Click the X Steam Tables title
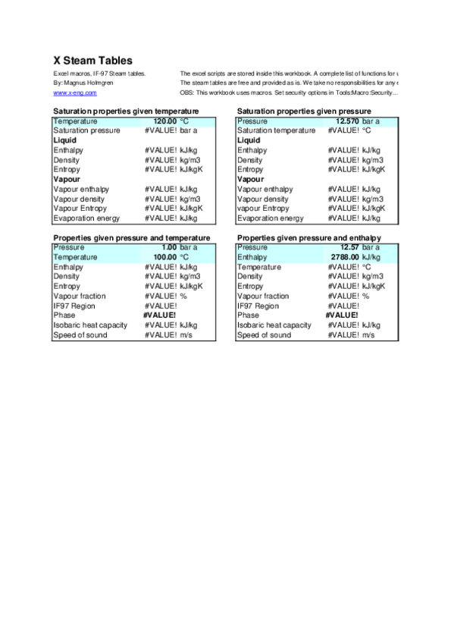[x=92, y=61]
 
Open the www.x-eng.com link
[x=75, y=93]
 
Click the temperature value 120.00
[x=164, y=121]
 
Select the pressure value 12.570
[x=347, y=121]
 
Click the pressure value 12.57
[x=349, y=247]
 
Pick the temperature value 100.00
[x=164, y=258]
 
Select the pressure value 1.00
[x=168, y=247]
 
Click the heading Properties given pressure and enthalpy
[x=308, y=238]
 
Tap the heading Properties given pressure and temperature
[x=131, y=238]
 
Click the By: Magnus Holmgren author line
[x=83, y=83]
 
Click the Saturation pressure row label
[x=87, y=130]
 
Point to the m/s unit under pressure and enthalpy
[x=368, y=335]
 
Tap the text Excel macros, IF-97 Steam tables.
[x=99, y=74]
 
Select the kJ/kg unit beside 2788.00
[x=371, y=258]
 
